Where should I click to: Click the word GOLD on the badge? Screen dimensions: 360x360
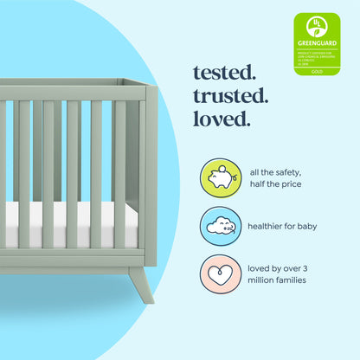(x=317, y=70)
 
